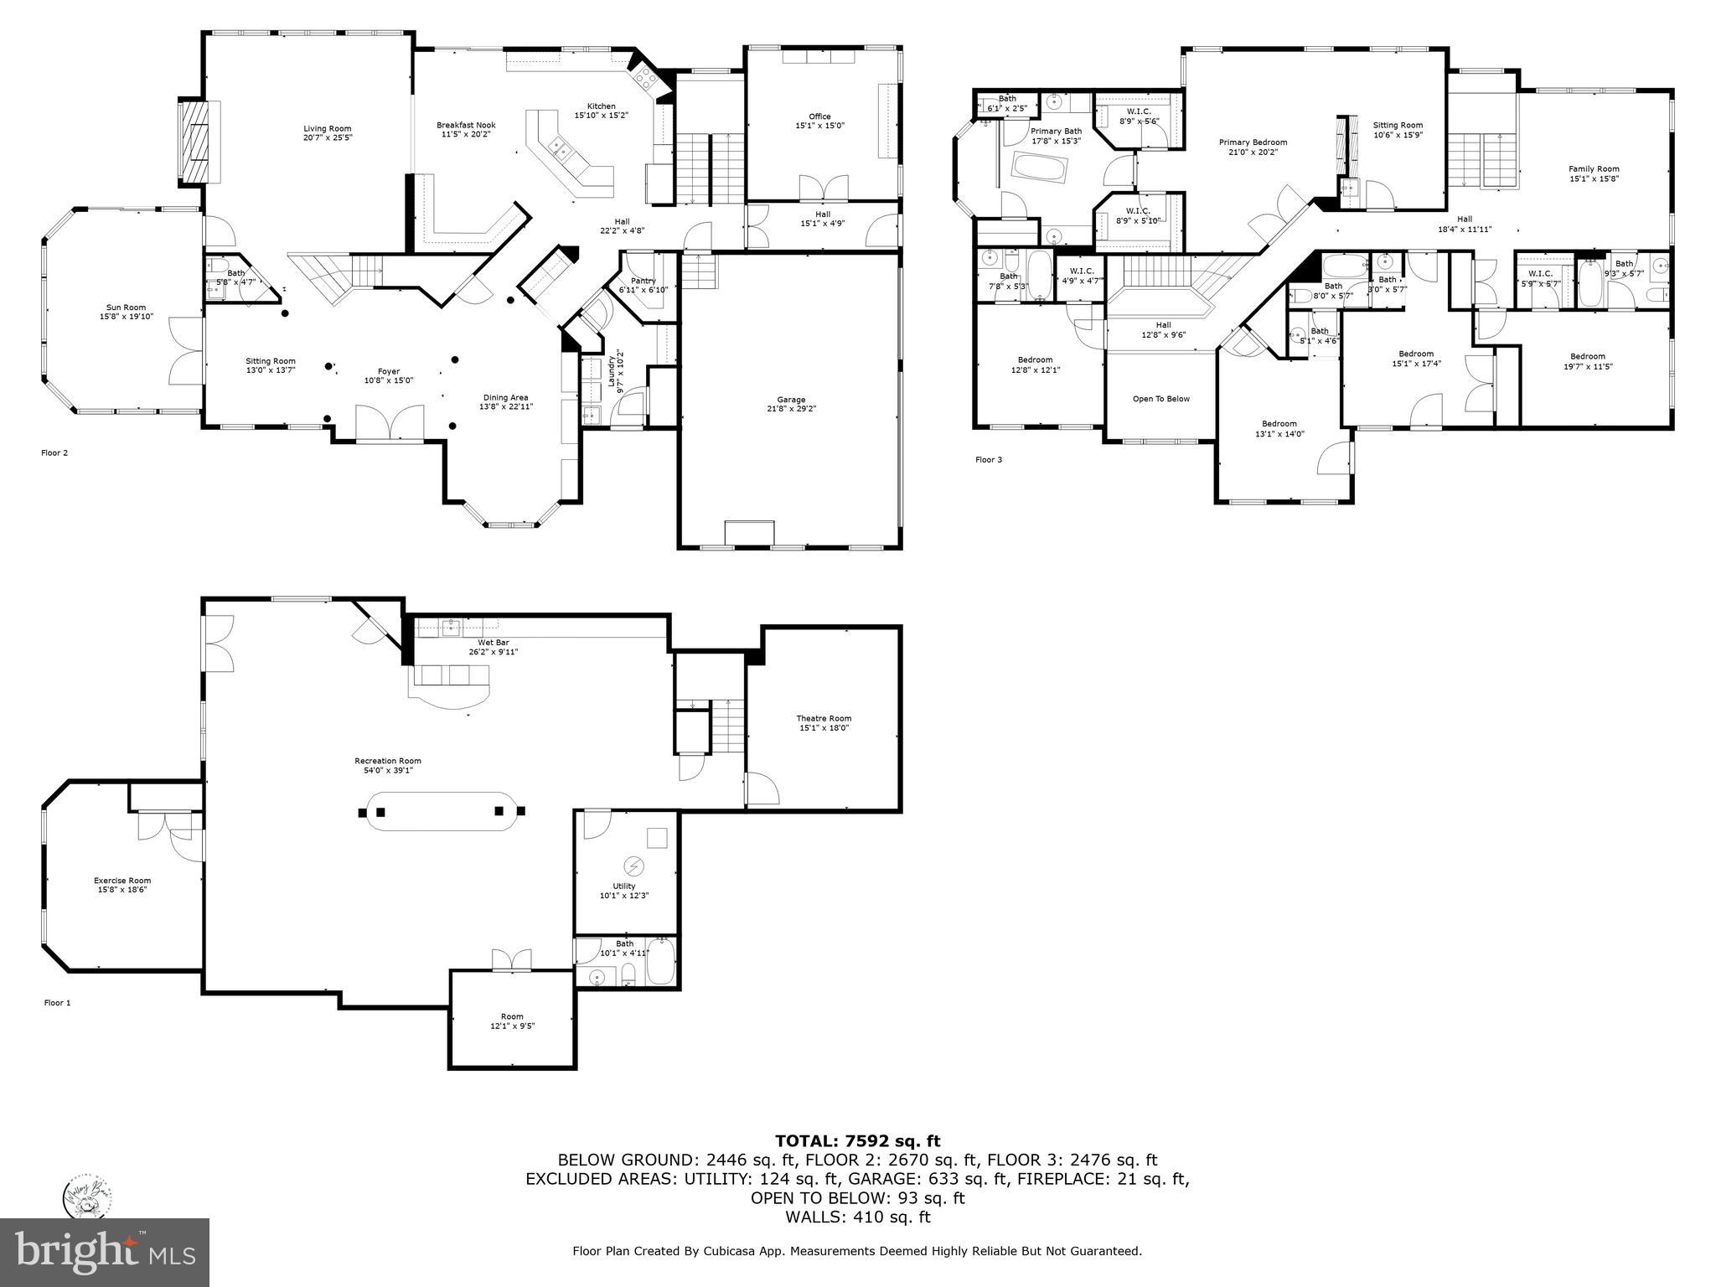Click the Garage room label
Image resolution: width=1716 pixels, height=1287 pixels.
pos(790,404)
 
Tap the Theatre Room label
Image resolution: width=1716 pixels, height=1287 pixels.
pos(823,723)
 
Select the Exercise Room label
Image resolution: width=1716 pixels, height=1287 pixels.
pos(122,885)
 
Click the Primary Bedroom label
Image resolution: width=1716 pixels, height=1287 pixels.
pos(1253,147)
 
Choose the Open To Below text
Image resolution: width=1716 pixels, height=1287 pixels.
pos(1160,399)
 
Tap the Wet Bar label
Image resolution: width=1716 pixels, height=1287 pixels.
pos(493,646)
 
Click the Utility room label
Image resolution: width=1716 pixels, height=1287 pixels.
pos(623,890)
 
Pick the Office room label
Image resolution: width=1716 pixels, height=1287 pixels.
pos(819,121)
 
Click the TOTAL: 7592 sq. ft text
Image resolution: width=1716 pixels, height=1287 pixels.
pos(857,1140)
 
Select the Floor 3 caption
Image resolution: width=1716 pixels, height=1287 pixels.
pos(988,459)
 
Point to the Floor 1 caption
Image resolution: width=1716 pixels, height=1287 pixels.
pos(57,1002)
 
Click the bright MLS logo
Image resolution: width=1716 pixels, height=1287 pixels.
pos(104,1252)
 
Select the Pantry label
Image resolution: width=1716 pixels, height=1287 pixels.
pos(643,285)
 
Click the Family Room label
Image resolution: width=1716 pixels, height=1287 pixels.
pos(1594,173)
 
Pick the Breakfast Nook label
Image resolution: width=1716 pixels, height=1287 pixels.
pos(466,129)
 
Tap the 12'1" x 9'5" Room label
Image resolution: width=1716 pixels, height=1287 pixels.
pos(512,1021)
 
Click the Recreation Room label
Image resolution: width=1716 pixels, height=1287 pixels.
pos(387,765)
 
